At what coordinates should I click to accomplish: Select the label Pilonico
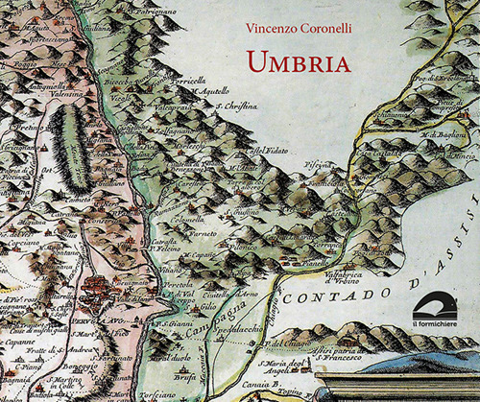click(240, 247)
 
